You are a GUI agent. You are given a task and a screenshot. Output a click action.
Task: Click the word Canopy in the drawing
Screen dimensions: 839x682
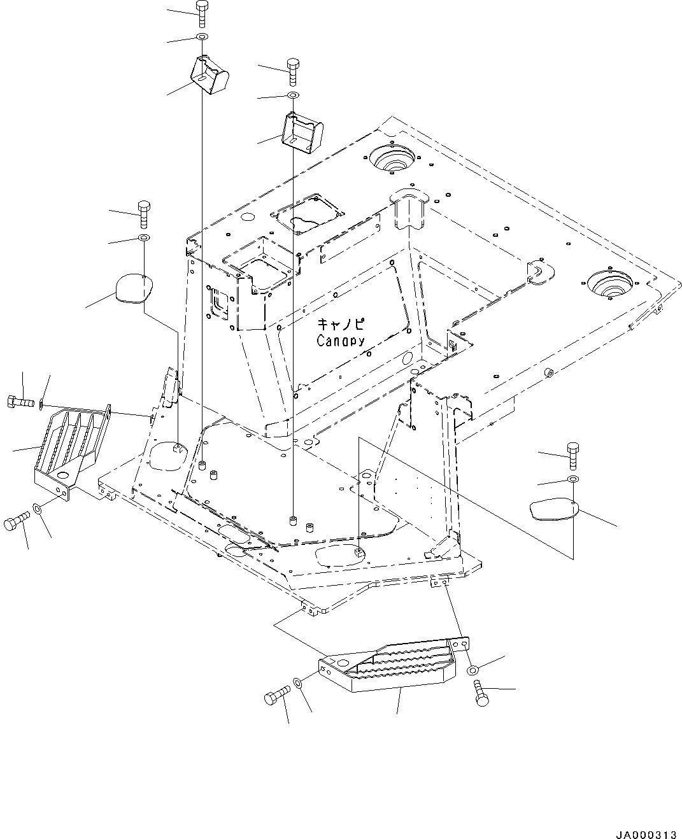[341, 341]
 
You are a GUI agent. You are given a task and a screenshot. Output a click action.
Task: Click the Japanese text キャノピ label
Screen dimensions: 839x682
[341, 324]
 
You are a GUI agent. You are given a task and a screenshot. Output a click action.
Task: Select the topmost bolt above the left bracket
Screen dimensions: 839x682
[201, 12]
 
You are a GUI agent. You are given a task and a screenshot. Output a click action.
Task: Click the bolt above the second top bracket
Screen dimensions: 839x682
[292, 71]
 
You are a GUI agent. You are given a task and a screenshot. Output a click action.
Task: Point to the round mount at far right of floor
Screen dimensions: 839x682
[609, 283]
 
